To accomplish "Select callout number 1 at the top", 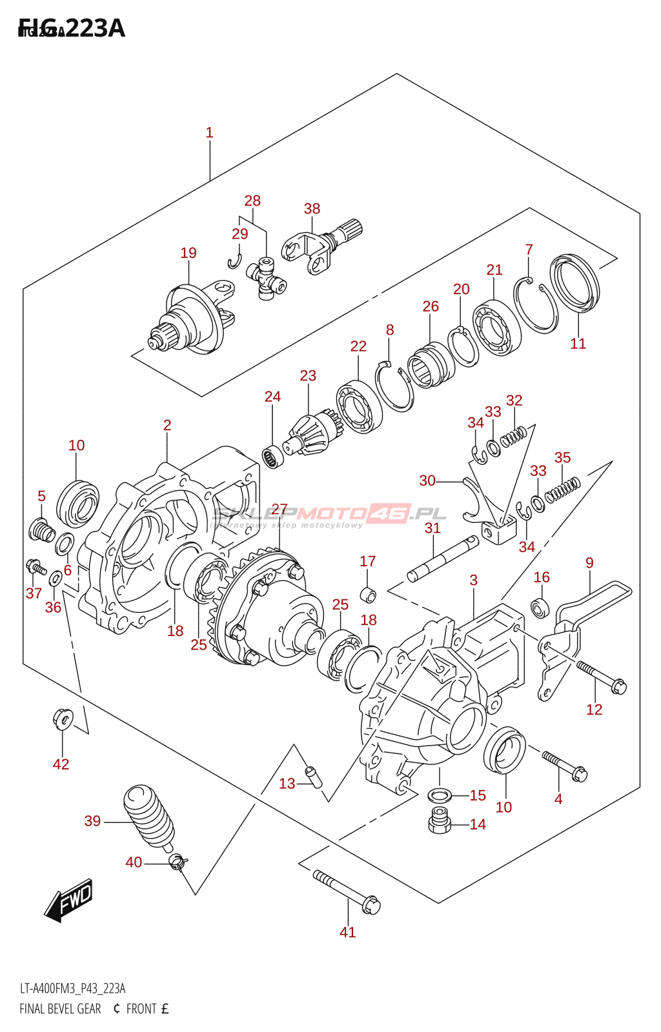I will tap(209, 133).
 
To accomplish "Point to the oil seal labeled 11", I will tap(575, 281).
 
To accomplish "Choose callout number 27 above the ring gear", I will tap(279, 510).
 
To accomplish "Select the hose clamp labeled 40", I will tap(177, 861).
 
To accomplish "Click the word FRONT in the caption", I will tap(141, 1009).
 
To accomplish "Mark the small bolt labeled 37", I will tap(35, 568).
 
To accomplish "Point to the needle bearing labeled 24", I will tap(273, 456).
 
